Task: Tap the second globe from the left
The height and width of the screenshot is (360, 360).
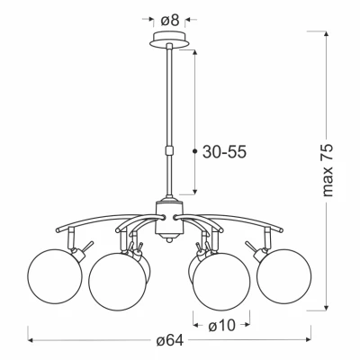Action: (x=117, y=279)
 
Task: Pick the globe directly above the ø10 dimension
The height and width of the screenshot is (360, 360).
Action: (x=220, y=280)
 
